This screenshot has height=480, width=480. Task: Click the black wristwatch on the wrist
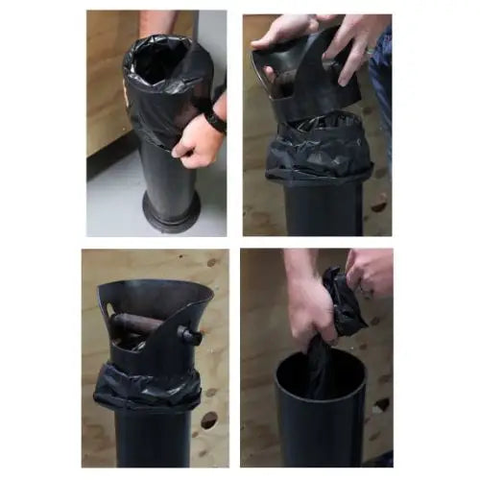click(215, 120)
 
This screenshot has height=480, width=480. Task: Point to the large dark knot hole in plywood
click(208, 420)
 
